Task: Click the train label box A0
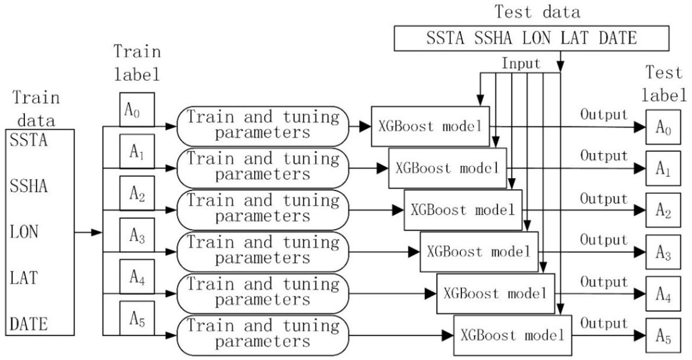point(137,109)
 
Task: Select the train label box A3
point(137,234)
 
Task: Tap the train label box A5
point(137,318)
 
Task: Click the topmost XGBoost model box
point(430,126)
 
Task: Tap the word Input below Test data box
point(521,63)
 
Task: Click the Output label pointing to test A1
point(604,156)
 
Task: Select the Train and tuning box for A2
point(264,208)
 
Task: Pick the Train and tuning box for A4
point(264,292)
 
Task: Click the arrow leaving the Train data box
point(88,232)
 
